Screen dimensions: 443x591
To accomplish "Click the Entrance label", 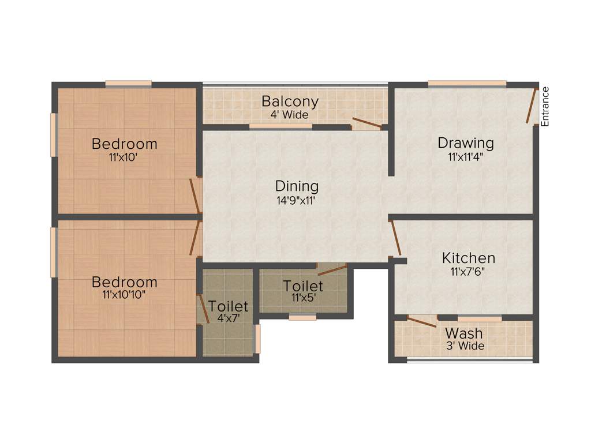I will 545,106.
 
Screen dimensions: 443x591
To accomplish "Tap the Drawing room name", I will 465,143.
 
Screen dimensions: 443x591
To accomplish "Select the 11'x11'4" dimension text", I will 465,156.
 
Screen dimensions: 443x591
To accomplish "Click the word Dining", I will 297,187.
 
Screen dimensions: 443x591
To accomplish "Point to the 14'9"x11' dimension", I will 297,201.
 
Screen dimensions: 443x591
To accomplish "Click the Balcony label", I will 290,102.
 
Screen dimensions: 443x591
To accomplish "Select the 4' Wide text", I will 290,115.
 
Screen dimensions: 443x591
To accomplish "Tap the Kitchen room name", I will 469,258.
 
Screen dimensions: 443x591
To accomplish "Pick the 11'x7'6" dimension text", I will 468,271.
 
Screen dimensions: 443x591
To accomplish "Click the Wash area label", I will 464,333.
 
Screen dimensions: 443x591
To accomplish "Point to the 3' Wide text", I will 464,346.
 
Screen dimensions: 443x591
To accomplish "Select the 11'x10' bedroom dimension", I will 125,157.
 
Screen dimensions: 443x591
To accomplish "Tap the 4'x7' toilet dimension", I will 228,318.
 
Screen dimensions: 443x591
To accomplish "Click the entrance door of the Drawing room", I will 531,106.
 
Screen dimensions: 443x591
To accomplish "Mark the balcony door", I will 366,122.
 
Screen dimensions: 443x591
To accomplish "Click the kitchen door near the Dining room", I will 396,238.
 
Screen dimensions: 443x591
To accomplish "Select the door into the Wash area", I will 422,321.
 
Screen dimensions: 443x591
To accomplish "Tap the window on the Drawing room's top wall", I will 467,84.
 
